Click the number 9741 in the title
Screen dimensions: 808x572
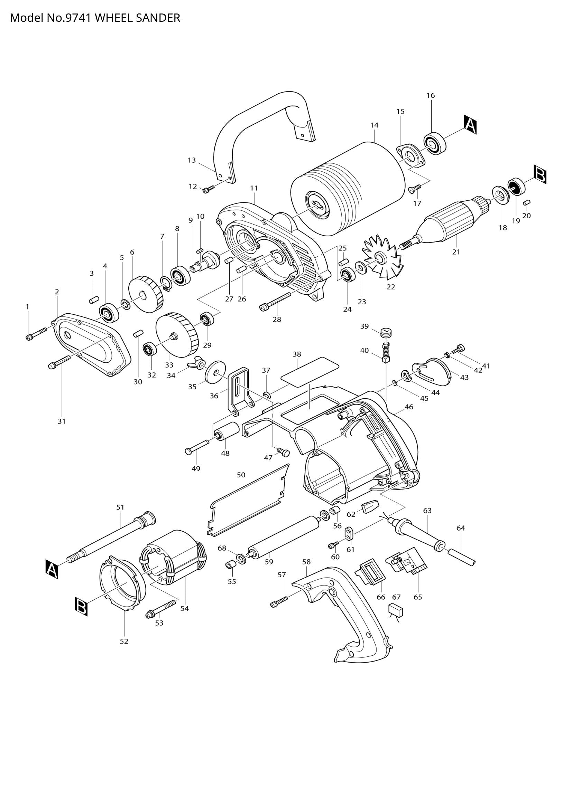pyautogui.click(x=79, y=18)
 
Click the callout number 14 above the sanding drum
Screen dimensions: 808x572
pyautogui.click(x=374, y=125)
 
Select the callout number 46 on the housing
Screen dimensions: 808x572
pyautogui.click(x=409, y=407)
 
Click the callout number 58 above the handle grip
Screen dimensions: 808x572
pyautogui.click(x=306, y=562)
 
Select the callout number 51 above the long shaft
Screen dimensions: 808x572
pyautogui.click(x=120, y=507)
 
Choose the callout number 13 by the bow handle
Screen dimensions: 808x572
pyautogui.click(x=192, y=161)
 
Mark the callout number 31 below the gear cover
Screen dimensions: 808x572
pyautogui.click(x=62, y=421)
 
